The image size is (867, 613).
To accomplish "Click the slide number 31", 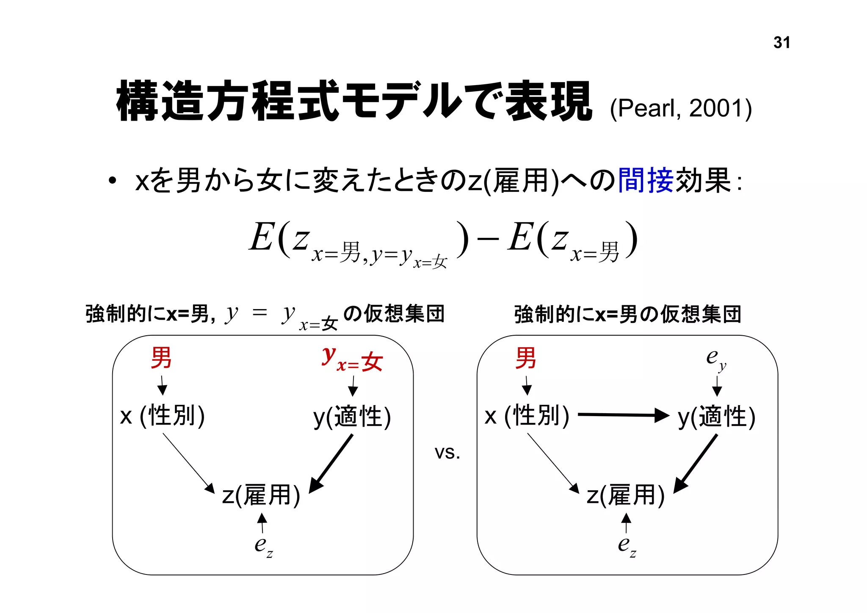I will click(x=781, y=43).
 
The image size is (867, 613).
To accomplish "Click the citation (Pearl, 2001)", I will click(x=681, y=108).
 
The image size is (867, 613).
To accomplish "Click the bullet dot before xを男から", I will click(x=112, y=181).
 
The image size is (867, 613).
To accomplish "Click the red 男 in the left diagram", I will click(x=161, y=358).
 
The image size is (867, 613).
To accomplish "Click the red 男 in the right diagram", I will click(x=526, y=358).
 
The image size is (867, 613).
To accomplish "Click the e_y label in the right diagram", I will click(x=716, y=359).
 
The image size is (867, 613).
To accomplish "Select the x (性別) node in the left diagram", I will click(x=163, y=416).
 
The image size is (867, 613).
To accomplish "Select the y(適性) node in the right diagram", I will click(x=716, y=417).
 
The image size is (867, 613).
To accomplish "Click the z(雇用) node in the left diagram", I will click(x=261, y=495).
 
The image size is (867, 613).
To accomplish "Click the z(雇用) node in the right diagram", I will click(x=626, y=495).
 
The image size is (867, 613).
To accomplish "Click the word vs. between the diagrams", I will click(x=447, y=453).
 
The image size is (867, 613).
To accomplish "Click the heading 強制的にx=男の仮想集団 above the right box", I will click(x=627, y=314).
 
